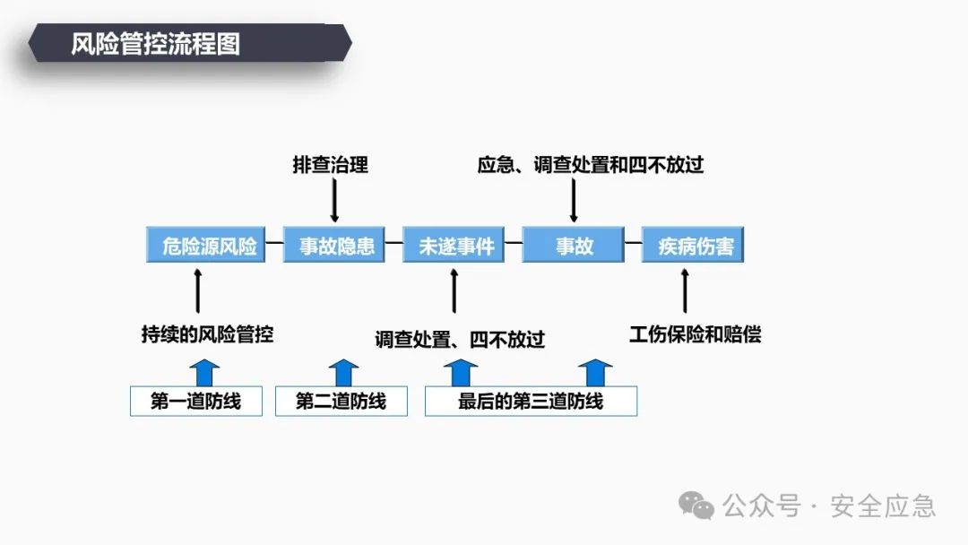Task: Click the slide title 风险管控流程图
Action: pos(156,44)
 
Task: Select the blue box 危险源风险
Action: pos(209,245)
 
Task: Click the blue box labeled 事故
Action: pos(575,245)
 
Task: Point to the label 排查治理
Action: pos(331,165)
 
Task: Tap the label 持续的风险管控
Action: pos(207,334)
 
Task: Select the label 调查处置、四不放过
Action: pos(460,339)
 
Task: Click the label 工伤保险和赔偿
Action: pos(695,334)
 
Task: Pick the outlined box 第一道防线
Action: pos(196,401)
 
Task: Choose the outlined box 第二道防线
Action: pos(341,401)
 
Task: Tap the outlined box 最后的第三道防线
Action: pos(531,401)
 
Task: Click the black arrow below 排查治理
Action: pos(334,200)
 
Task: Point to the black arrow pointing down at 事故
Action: pos(574,200)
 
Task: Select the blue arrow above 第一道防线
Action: pos(205,372)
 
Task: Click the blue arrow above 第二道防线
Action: pos(342,372)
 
